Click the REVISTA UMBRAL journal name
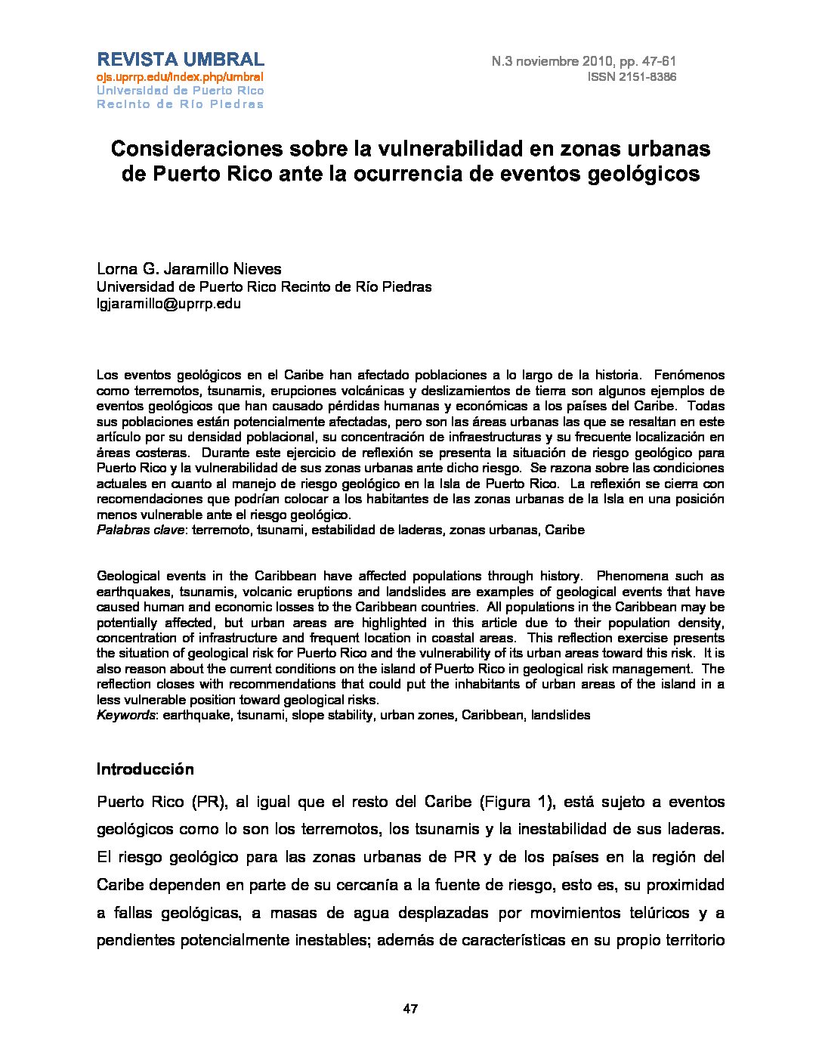180,60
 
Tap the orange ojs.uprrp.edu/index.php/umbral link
180,77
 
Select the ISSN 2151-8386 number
632,77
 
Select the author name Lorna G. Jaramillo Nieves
189,269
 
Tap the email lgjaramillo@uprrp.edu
168,304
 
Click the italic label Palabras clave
141,530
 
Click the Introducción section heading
145,769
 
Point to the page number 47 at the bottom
411,1009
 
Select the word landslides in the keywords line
561,714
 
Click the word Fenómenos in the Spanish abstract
689,375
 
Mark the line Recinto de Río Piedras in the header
180,104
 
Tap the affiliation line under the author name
264,286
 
